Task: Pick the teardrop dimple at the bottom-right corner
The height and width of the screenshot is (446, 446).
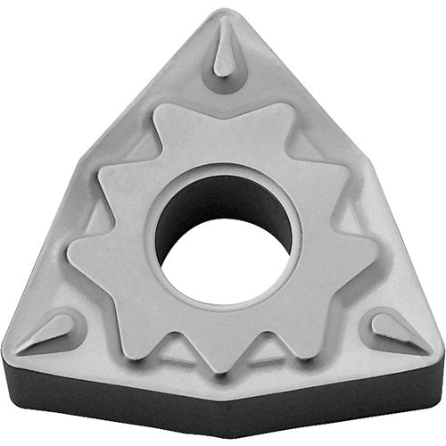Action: point(396,329)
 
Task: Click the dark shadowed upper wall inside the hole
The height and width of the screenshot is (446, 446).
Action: point(223,192)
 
